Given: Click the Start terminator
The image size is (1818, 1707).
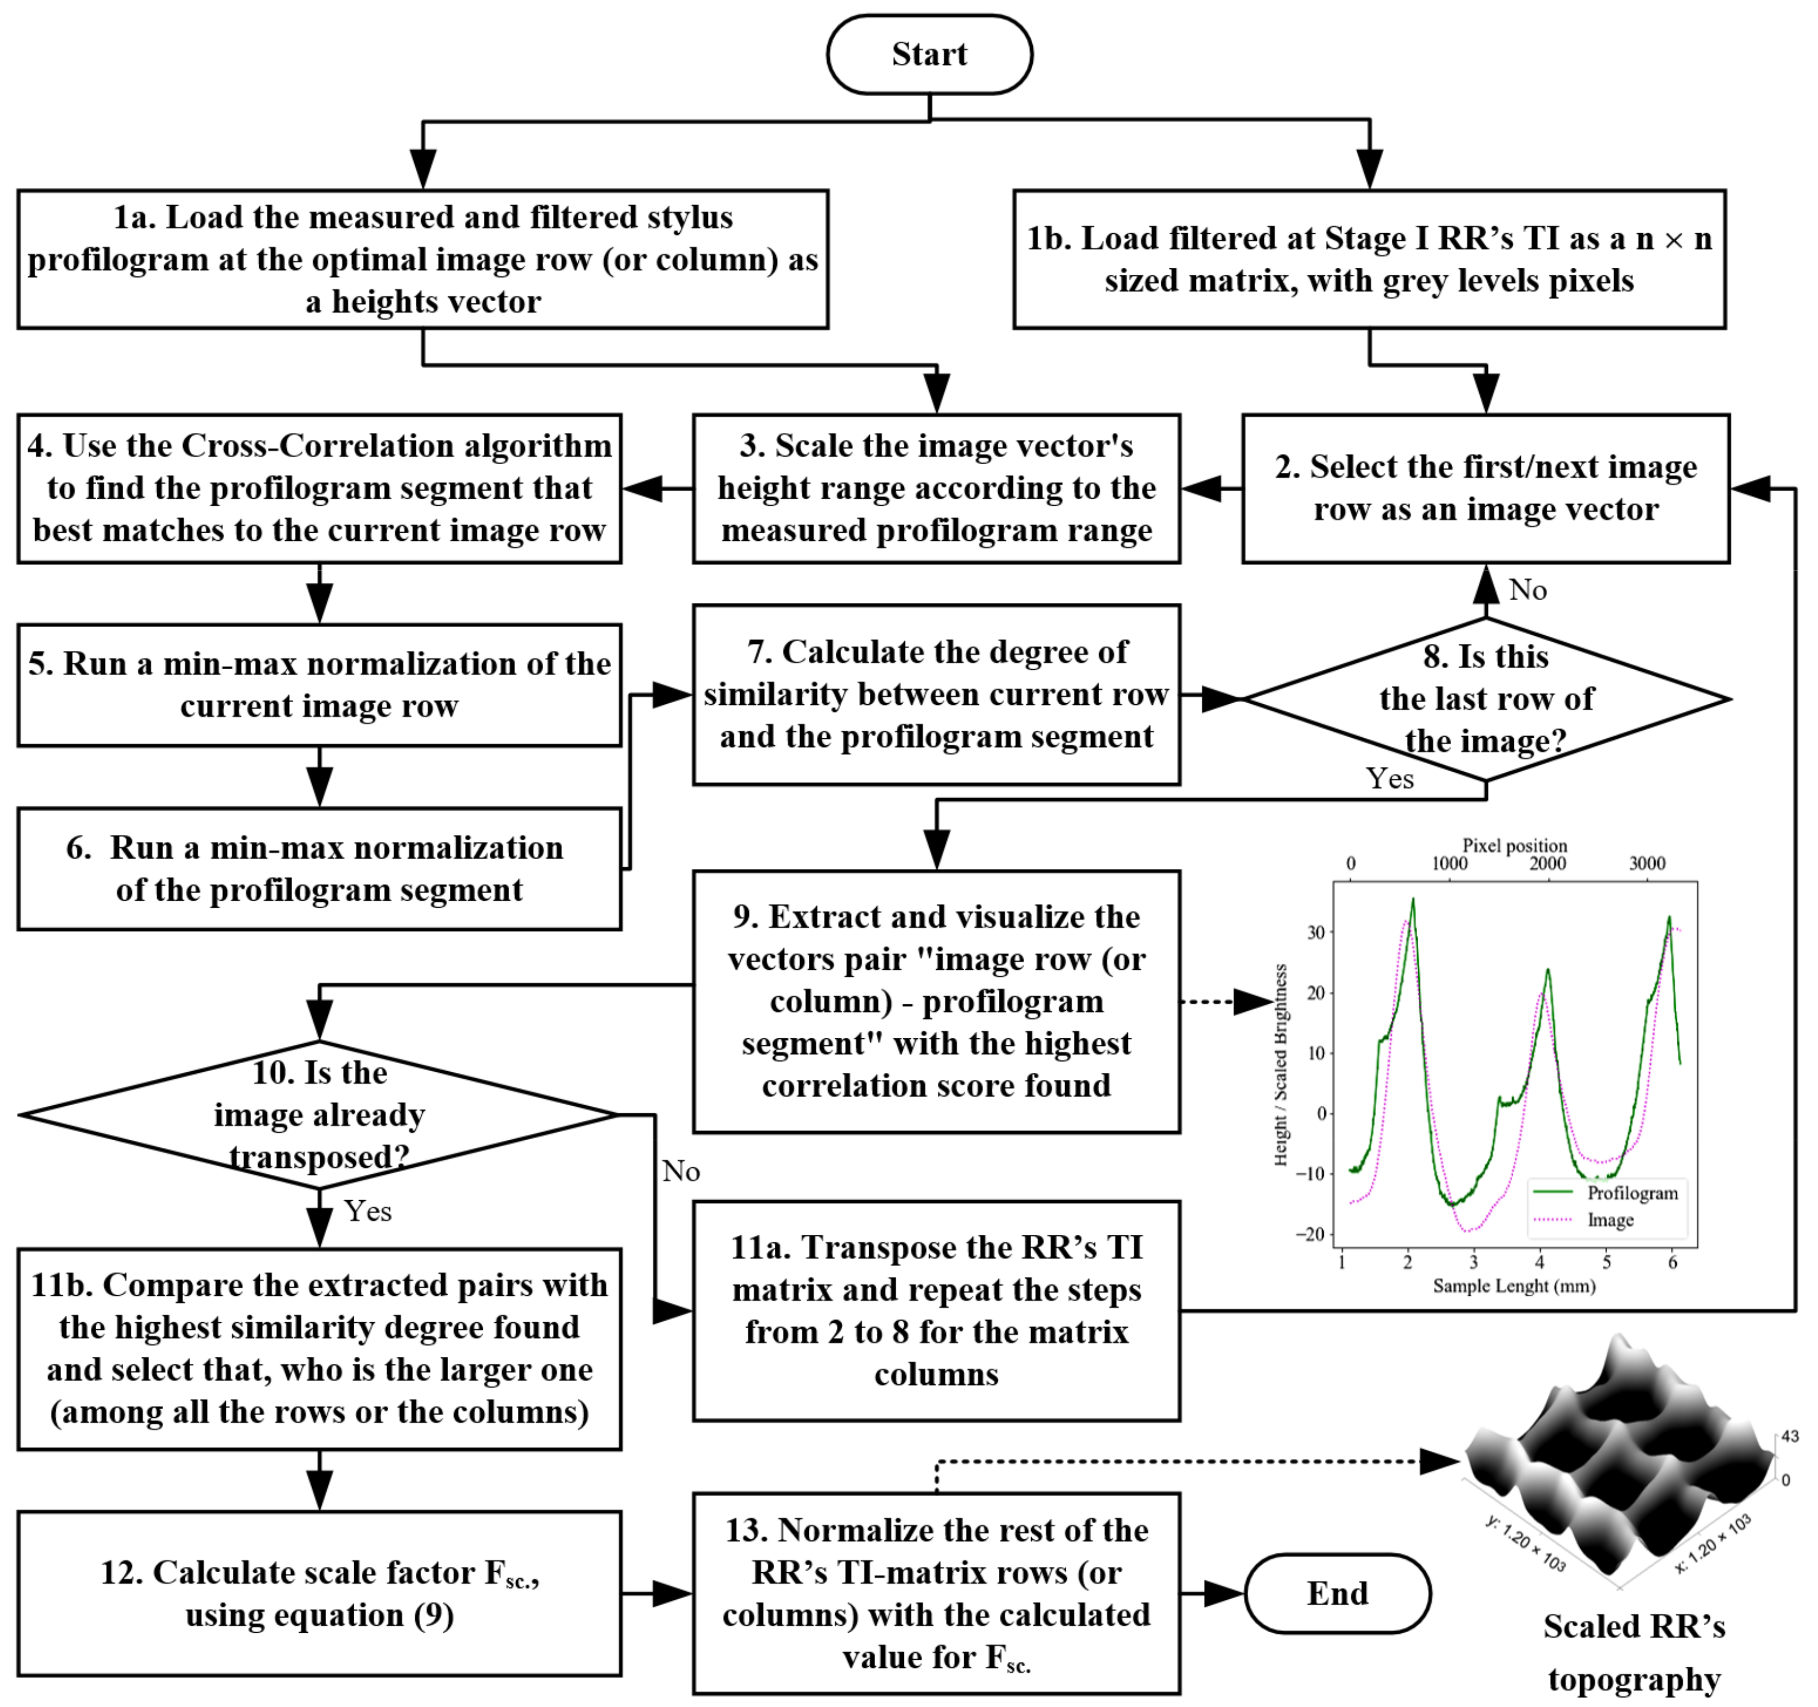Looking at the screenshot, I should tap(929, 54).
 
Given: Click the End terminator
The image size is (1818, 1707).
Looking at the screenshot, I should tap(1337, 1594).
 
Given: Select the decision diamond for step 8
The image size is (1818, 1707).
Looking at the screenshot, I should tap(1486, 699).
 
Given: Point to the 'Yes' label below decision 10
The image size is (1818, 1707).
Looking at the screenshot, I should tap(368, 1212).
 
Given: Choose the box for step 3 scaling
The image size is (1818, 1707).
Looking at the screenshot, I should tap(937, 488).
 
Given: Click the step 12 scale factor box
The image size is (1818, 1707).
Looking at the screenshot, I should tap(319, 1594).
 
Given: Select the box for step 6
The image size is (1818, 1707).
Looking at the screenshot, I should tap(319, 868).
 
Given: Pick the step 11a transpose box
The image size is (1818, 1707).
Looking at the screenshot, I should tap(937, 1310).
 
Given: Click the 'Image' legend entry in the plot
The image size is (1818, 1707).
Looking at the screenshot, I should tap(1609, 1220).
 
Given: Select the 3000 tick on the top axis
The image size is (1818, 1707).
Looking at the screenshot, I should tap(1647, 864).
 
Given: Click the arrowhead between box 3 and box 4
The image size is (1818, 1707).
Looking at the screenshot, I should tap(644, 488).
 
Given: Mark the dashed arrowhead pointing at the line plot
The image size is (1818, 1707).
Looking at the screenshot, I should tap(1253, 1002).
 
